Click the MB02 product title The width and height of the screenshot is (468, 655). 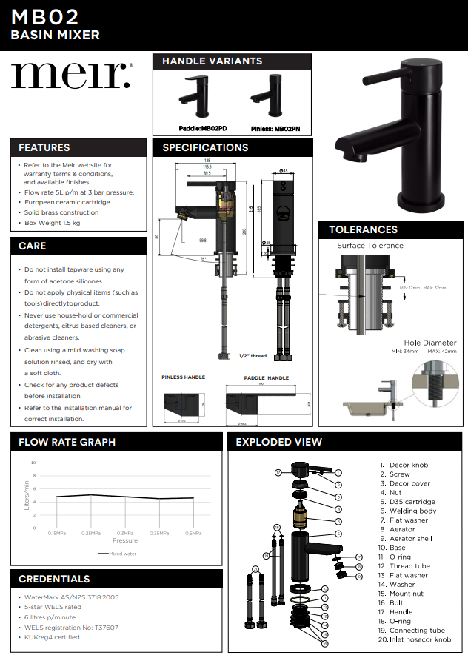45,16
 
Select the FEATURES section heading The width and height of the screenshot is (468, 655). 44,147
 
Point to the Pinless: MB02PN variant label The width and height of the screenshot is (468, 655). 275,128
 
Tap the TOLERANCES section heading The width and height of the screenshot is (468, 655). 363,229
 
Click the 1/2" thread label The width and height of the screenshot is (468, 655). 253,356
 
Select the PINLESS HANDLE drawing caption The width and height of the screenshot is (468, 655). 183,377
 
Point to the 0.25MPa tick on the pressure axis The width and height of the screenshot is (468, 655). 90,533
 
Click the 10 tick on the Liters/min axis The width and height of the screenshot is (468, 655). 33,463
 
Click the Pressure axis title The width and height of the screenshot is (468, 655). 125,541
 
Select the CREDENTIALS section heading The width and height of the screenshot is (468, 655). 54,579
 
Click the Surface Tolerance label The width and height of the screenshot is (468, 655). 370,246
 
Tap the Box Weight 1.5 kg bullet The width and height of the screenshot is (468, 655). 53,222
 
